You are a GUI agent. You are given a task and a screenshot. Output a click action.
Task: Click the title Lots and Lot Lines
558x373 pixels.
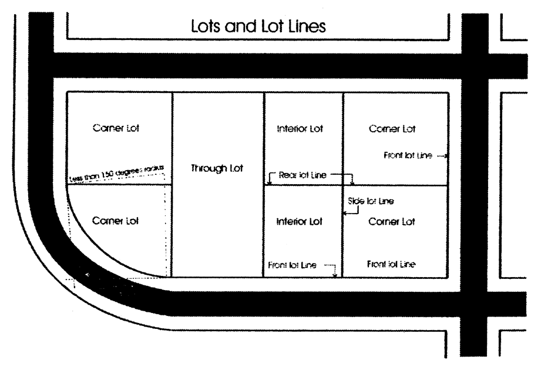pos(258,26)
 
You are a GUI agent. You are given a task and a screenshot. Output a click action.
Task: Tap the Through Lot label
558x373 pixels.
pos(217,168)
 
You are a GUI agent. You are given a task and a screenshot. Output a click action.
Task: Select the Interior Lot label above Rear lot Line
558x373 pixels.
pos(300,129)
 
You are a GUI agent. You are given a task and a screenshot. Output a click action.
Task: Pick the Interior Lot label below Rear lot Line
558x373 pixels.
pos(300,222)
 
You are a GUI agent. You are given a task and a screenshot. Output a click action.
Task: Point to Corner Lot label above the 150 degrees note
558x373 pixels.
pos(116,128)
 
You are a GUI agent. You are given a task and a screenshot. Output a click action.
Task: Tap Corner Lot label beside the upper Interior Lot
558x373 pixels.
pos(392,129)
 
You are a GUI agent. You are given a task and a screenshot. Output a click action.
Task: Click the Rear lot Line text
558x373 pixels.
pos(302,175)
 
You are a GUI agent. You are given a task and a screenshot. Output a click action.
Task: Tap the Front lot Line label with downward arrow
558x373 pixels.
pos(292,265)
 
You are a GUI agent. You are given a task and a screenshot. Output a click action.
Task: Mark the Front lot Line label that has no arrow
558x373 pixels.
pos(391,264)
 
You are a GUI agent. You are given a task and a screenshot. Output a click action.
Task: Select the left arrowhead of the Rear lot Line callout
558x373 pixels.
pos(268,183)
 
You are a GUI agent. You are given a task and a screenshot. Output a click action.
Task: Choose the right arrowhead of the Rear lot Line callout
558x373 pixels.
pos(351,183)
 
